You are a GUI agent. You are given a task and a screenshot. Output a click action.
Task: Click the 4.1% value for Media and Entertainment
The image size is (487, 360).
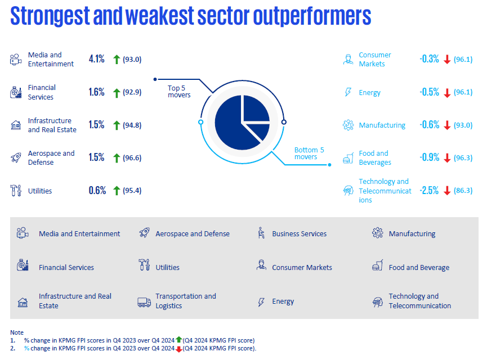click(x=97, y=59)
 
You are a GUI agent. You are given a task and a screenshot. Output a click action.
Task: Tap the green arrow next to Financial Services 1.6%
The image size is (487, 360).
click(x=117, y=92)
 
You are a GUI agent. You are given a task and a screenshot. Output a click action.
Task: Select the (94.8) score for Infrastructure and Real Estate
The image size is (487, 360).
click(x=132, y=125)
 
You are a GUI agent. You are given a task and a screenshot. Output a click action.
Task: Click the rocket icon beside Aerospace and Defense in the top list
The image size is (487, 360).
click(x=16, y=157)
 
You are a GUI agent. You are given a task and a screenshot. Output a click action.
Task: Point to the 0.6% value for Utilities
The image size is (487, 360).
click(x=97, y=191)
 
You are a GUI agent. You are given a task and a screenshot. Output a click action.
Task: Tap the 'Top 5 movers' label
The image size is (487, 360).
click(x=179, y=91)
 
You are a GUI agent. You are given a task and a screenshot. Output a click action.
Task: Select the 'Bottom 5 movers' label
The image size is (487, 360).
click(x=309, y=153)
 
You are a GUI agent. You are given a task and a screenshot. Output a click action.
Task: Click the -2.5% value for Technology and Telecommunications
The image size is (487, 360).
click(x=428, y=191)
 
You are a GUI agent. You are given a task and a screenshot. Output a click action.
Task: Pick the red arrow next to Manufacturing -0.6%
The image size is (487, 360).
click(x=448, y=125)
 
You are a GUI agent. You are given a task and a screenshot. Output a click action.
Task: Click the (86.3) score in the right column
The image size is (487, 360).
click(x=463, y=191)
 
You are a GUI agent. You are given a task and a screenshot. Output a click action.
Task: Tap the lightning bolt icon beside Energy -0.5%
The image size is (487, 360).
click(x=347, y=92)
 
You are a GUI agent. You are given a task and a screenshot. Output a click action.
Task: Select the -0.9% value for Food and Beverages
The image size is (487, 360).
click(x=429, y=157)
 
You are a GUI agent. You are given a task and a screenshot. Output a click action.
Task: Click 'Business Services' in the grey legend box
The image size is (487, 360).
click(x=299, y=233)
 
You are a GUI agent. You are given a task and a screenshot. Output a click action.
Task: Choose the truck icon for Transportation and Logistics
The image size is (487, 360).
click(x=144, y=301)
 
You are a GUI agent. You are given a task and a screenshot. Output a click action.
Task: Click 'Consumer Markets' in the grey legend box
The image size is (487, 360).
click(x=302, y=267)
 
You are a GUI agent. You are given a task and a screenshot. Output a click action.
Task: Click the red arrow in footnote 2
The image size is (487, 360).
click(x=178, y=349)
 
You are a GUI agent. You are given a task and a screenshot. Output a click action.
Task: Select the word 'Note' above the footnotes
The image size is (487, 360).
click(x=17, y=332)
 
